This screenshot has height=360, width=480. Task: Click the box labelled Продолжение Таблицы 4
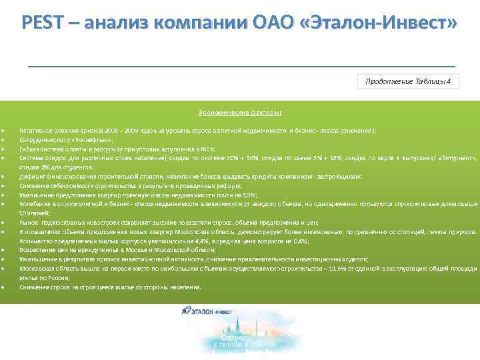pos(408,81)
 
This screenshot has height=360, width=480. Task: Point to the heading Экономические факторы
pos(239,113)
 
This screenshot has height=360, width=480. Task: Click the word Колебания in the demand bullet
pos(33,203)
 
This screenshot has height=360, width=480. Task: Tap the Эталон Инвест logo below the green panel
pos(207,311)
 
